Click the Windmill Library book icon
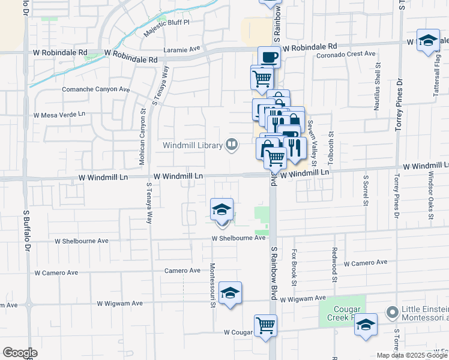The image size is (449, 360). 231,145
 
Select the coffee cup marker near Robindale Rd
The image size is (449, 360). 269,58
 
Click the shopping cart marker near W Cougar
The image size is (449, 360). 265,326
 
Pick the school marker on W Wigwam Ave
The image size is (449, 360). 230,293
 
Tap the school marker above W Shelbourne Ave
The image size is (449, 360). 222,209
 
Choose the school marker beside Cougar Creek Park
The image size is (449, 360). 366,325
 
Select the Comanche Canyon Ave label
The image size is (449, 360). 96,89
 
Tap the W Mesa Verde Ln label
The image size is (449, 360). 59,114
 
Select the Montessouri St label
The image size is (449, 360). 212,285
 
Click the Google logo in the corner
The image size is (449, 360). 20,353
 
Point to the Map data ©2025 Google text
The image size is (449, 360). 412,355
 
